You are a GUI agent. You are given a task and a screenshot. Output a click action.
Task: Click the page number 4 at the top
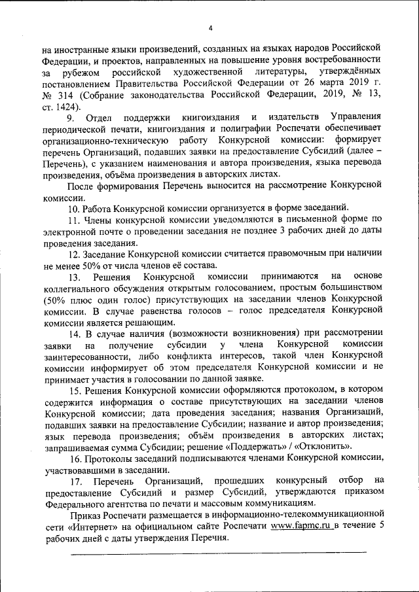[210, 27]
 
